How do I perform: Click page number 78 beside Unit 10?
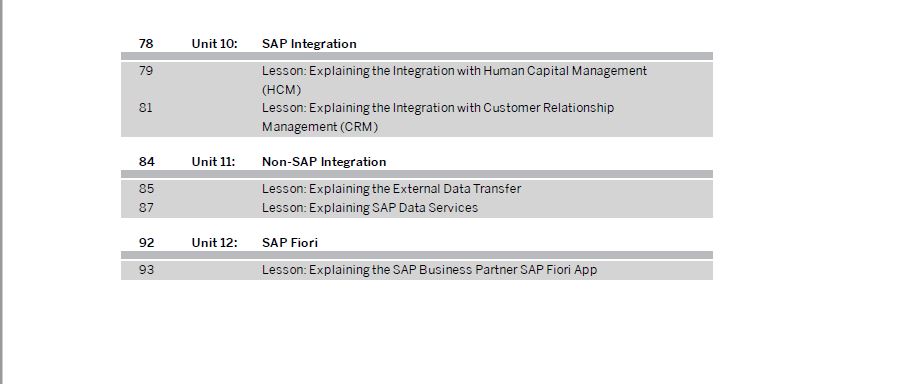[x=146, y=44]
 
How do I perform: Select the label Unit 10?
[x=214, y=44]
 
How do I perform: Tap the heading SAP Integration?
[x=309, y=44]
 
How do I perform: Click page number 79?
[x=146, y=71]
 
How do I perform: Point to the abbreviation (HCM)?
[x=281, y=89]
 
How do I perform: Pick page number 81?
[x=146, y=107]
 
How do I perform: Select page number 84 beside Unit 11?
[x=146, y=162]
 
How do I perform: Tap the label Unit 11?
[x=213, y=162]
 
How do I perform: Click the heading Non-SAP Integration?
[x=324, y=162]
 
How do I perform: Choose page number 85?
[x=146, y=189]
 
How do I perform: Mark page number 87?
[x=146, y=207]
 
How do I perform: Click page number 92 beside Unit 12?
[x=146, y=242]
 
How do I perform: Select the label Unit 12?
[x=214, y=242]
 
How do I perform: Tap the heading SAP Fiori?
[x=290, y=242]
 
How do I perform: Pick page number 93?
[x=146, y=270]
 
